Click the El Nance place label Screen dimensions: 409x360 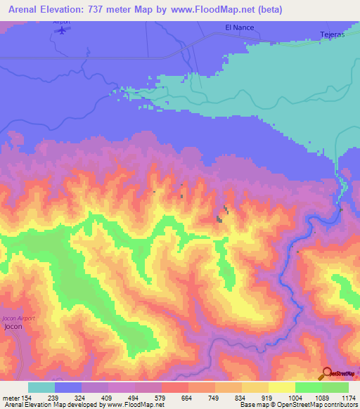coord(238,27)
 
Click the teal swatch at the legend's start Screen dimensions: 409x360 coord(41,387)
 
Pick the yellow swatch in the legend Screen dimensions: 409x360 coord(281,387)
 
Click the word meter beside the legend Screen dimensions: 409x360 coord(11,397)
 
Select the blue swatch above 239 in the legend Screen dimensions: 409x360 coord(68,387)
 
